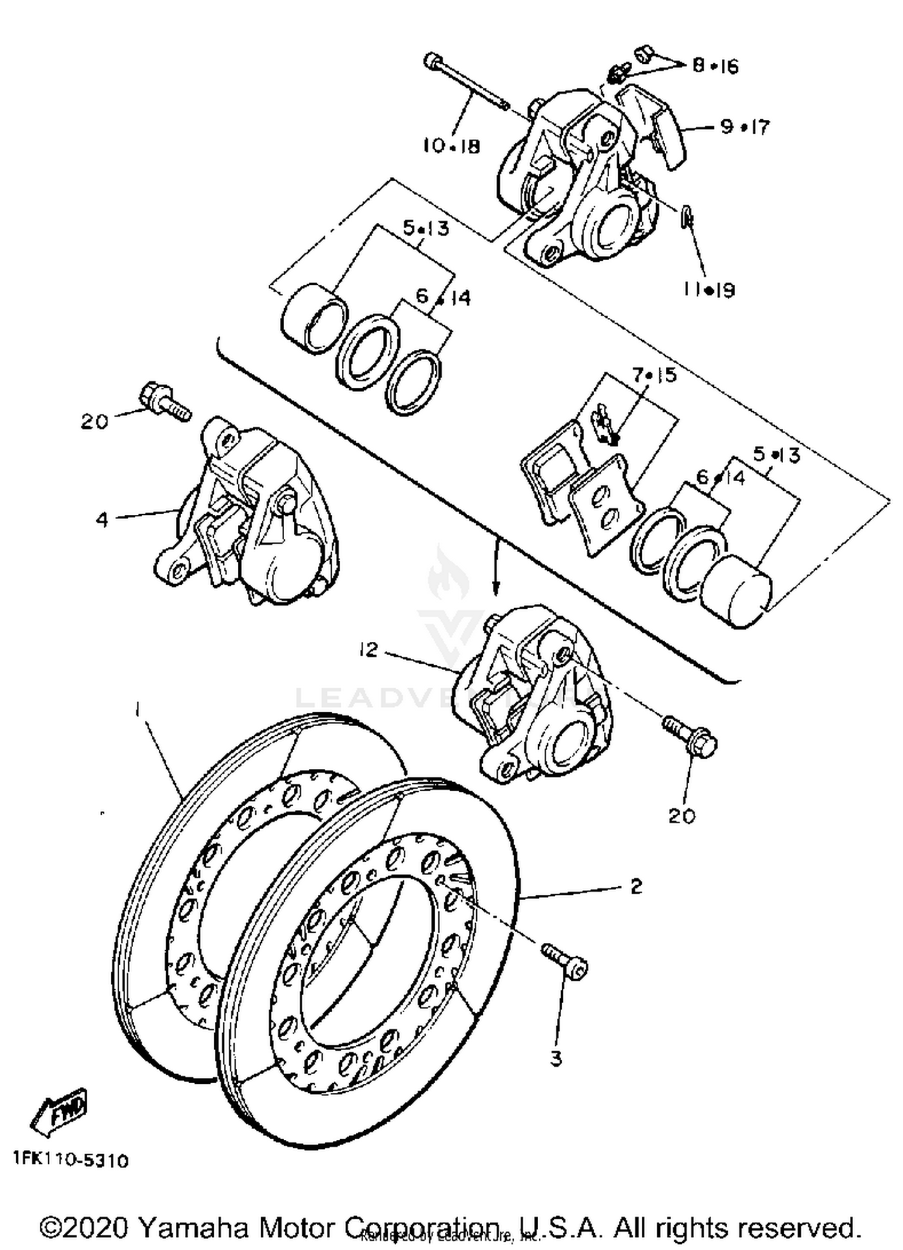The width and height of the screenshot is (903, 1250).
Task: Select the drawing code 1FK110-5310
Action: (x=71, y=1160)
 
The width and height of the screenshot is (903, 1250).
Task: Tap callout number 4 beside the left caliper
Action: (x=102, y=519)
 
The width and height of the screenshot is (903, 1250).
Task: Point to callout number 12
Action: (x=368, y=649)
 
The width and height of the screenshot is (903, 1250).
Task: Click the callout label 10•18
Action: (x=451, y=146)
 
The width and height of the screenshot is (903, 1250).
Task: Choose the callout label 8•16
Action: (x=715, y=65)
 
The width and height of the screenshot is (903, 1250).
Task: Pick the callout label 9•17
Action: (x=745, y=127)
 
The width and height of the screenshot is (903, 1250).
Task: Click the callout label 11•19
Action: (x=709, y=290)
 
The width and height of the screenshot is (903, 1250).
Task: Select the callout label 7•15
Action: (x=654, y=375)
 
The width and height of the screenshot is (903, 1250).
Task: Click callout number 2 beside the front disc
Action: (x=636, y=886)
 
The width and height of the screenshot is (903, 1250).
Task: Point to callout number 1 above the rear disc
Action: (x=138, y=711)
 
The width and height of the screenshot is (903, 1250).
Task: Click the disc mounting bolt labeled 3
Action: (x=565, y=961)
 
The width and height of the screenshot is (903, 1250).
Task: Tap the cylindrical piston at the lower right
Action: (x=736, y=592)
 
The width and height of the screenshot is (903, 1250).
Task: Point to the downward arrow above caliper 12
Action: (x=495, y=567)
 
